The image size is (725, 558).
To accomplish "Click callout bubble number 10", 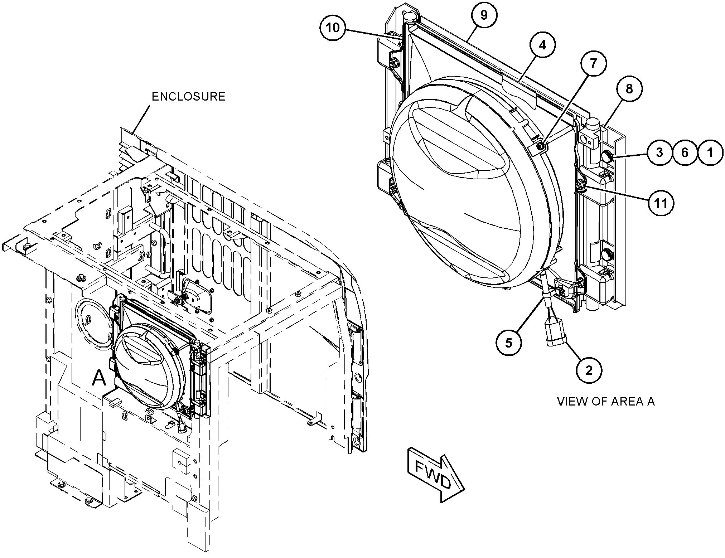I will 333,28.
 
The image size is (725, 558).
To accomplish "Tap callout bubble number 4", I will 542,45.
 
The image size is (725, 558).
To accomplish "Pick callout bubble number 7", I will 593,64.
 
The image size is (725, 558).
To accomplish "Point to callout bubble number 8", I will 629,89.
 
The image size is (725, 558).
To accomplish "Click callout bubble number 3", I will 659,152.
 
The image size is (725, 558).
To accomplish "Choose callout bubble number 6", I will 685,152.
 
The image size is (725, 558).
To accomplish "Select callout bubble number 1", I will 710,152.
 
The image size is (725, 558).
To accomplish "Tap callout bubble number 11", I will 661,203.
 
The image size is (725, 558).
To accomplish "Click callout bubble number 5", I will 509,343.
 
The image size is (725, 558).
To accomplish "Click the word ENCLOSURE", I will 189,97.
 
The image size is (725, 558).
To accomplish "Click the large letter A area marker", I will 99,378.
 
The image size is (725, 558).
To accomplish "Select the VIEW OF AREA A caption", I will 606,402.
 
